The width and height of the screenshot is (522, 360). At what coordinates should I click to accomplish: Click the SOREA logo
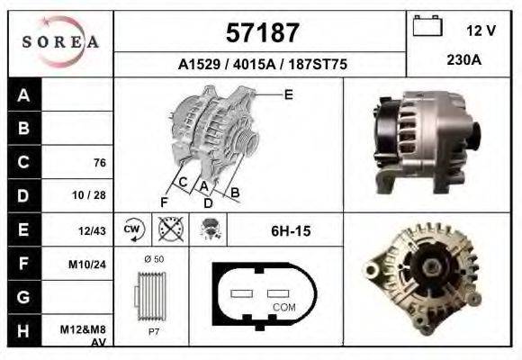pos(60,42)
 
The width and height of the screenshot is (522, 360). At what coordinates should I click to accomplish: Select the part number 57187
pos(260,33)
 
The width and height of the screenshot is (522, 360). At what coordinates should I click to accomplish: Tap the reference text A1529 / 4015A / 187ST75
pos(262,65)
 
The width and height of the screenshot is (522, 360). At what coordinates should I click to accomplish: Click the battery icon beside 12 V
pos(427,27)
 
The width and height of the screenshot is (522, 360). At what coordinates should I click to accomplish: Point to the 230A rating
pos(464,60)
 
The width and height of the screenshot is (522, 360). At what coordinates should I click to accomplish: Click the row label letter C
pos(24,162)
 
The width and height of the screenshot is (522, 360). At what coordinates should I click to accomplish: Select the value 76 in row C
pos(99,163)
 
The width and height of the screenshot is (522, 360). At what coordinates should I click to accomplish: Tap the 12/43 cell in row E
pos(93,230)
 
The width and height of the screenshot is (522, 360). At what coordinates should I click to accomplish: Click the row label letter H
pos(24,330)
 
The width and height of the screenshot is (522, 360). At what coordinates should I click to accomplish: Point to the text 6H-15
pos(290,231)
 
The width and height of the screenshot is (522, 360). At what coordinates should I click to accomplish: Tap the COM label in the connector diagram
pos(283,308)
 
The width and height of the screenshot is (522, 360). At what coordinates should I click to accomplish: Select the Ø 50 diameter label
pos(153,258)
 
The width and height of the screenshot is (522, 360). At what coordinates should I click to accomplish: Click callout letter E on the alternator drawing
pos(288,94)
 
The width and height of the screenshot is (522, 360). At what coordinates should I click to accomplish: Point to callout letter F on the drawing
pos(164,201)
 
